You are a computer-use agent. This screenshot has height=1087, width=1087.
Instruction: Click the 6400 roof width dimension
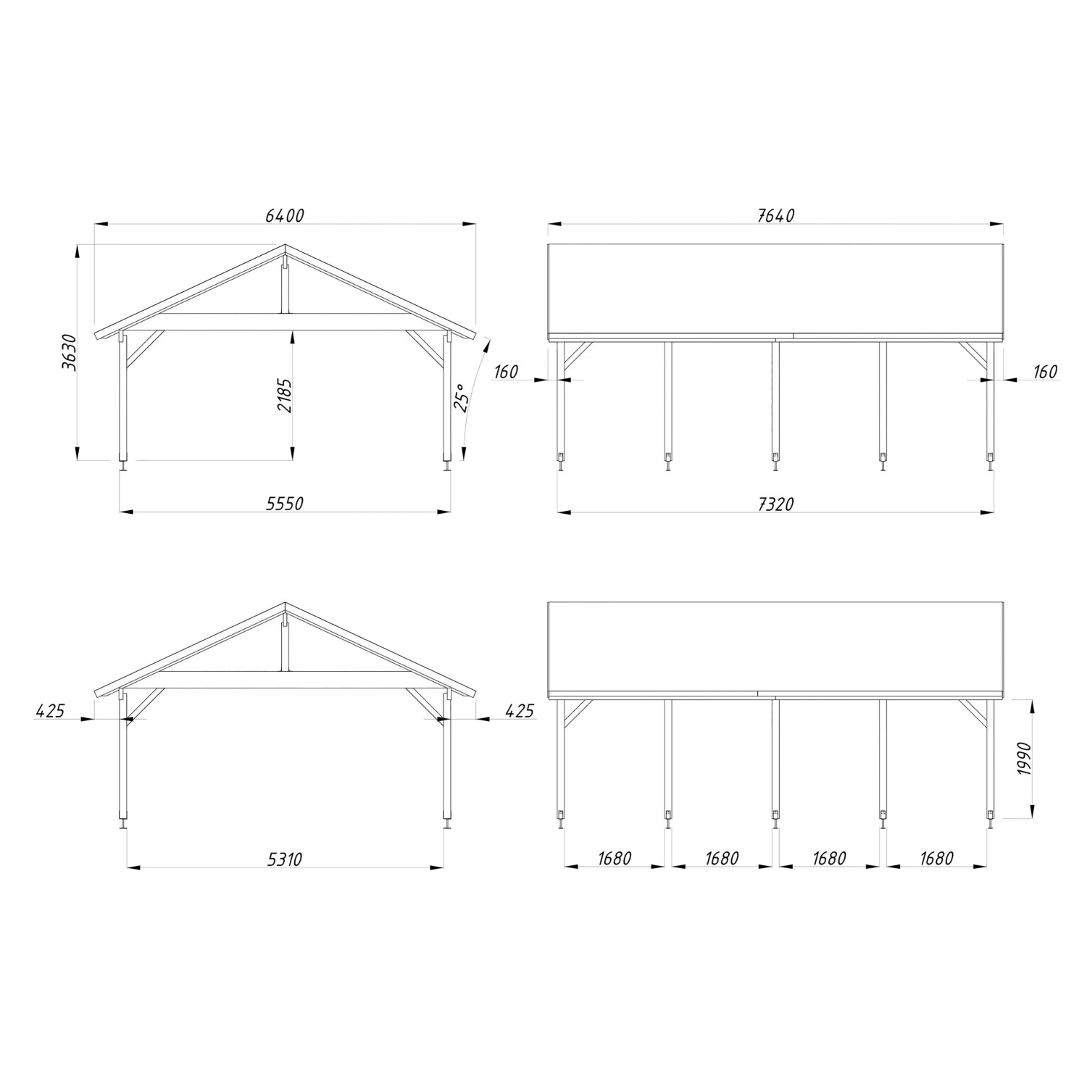click(285, 215)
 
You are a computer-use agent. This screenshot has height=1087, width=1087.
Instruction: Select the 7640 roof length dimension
click(775, 215)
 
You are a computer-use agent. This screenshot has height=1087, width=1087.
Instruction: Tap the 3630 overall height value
click(69, 353)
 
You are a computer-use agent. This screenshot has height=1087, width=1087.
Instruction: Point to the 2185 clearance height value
click(284, 395)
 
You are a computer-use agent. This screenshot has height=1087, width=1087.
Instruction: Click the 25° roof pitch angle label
click(460, 396)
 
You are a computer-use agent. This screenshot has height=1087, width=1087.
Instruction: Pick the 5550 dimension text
click(284, 504)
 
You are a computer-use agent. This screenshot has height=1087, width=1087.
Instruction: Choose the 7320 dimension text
click(775, 504)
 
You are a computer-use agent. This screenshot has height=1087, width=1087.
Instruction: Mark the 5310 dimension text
click(284, 859)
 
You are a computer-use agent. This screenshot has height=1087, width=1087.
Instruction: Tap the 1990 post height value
click(1024, 758)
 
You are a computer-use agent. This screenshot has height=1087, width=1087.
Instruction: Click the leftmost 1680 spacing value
click(615, 858)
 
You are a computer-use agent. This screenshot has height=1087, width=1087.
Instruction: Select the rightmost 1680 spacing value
click(936, 858)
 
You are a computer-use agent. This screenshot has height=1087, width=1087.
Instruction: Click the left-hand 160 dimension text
click(506, 372)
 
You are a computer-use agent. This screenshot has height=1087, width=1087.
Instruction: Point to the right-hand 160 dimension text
click(1044, 372)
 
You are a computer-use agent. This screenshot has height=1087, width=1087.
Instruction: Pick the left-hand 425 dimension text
click(50, 711)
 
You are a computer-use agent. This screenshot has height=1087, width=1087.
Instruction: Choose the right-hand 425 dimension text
click(520, 711)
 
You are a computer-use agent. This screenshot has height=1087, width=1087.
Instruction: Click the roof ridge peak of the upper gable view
click(285, 246)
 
